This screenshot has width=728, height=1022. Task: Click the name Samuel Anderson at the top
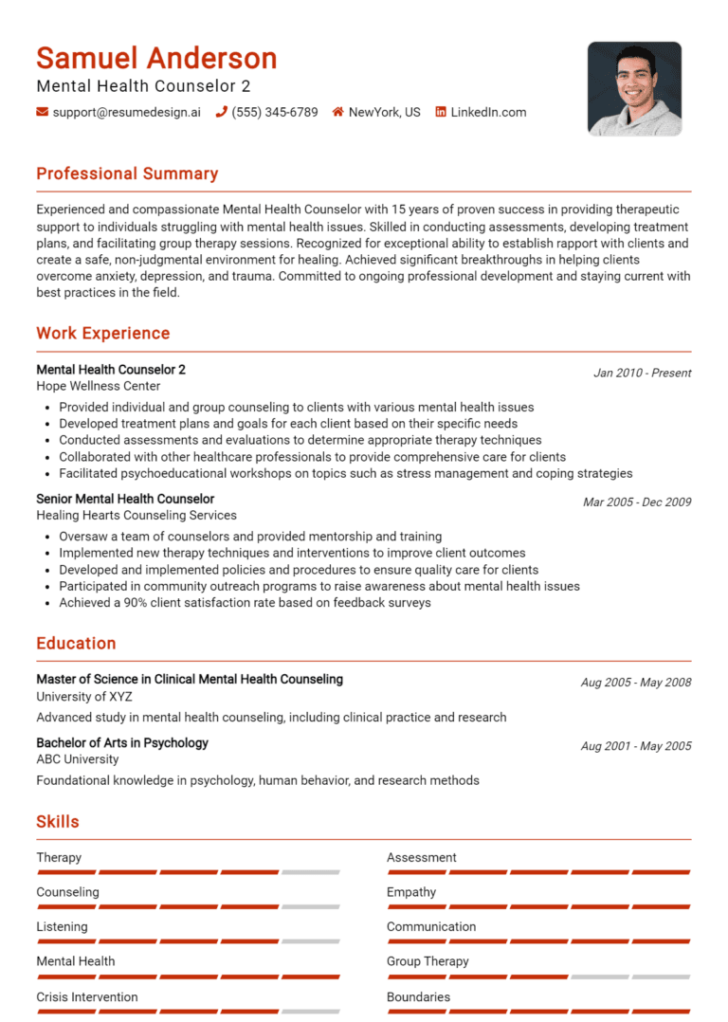pyautogui.click(x=156, y=58)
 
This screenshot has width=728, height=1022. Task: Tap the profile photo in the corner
pyautogui.click(x=634, y=88)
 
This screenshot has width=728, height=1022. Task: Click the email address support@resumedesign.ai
pyautogui.click(x=126, y=112)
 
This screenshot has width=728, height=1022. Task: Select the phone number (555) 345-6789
pyautogui.click(x=274, y=112)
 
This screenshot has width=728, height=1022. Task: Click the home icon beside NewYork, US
pyautogui.click(x=337, y=112)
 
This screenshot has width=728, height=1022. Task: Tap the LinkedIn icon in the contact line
pyautogui.click(x=441, y=112)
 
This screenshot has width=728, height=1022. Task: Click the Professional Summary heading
pyautogui.click(x=127, y=173)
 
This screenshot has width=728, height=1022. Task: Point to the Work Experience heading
pyautogui.click(x=102, y=333)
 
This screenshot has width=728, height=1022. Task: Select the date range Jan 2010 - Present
pyautogui.click(x=642, y=373)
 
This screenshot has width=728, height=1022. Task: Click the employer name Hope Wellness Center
pyautogui.click(x=99, y=386)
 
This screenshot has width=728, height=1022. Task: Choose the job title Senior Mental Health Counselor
pyautogui.click(x=125, y=499)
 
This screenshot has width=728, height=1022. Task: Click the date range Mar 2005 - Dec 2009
pyautogui.click(x=636, y=502)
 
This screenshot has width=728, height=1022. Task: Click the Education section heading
pyautogui.click(x=76, y=643)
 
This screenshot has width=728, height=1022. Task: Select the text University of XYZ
pyautogui.click(x=84, y=697)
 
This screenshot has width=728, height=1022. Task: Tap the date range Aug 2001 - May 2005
pyautogui.click(x=635, y=746)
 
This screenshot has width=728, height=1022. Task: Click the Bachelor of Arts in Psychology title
pyautogui.click(x=122, y=742)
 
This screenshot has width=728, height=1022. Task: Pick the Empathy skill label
pyautogui.click(x=411, y=892)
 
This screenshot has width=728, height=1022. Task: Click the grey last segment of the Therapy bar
pyautogui.click(x=310, y=871)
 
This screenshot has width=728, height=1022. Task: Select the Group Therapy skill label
pyautogui.click(x=428, y=961)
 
